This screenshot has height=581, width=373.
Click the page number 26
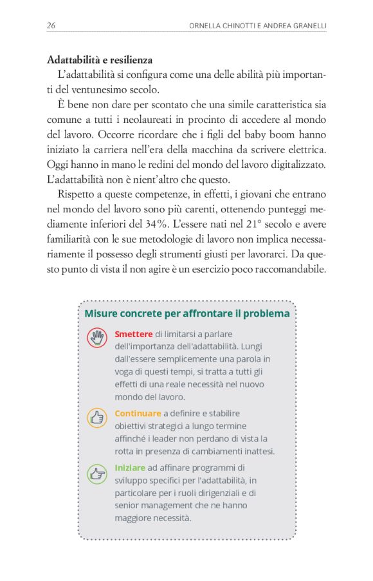click(x=51, y=25)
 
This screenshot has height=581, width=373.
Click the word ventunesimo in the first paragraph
click(x=95, y=89)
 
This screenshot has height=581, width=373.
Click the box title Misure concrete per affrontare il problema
click(x=186, y=313)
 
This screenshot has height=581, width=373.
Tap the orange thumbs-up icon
click(x=97, y=418)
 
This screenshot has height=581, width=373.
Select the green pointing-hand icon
click(x=97, y=474)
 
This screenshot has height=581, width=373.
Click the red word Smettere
click(x=133, y=334)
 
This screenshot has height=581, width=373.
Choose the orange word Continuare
click(x=138, y=413)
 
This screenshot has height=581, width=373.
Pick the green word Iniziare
click(x=130, y=468)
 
